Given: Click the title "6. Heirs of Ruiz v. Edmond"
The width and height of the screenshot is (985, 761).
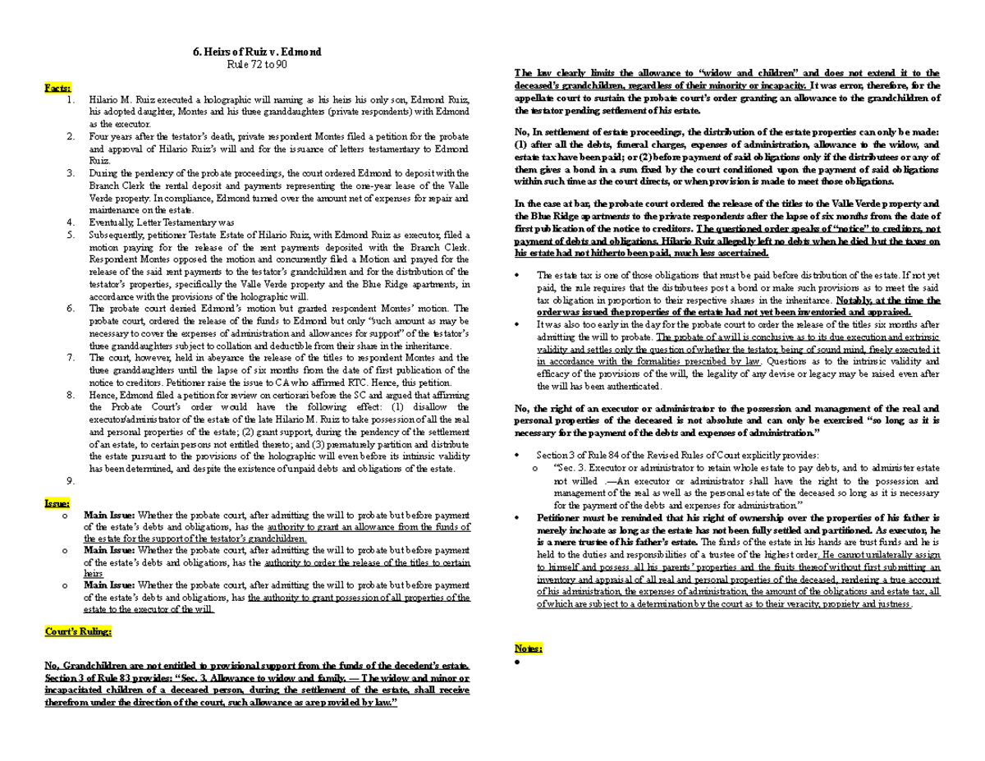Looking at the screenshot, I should (x=256, y=52).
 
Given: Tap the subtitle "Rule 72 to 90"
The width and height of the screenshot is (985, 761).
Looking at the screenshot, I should (x=256, y=64).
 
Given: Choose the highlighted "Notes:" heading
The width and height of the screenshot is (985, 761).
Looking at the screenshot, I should (x=528, y=648).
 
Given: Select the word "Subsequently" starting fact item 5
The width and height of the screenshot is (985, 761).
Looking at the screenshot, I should (x=118, y=235).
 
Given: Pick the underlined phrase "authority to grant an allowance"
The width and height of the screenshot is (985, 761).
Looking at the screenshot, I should (x=327, y=527).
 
